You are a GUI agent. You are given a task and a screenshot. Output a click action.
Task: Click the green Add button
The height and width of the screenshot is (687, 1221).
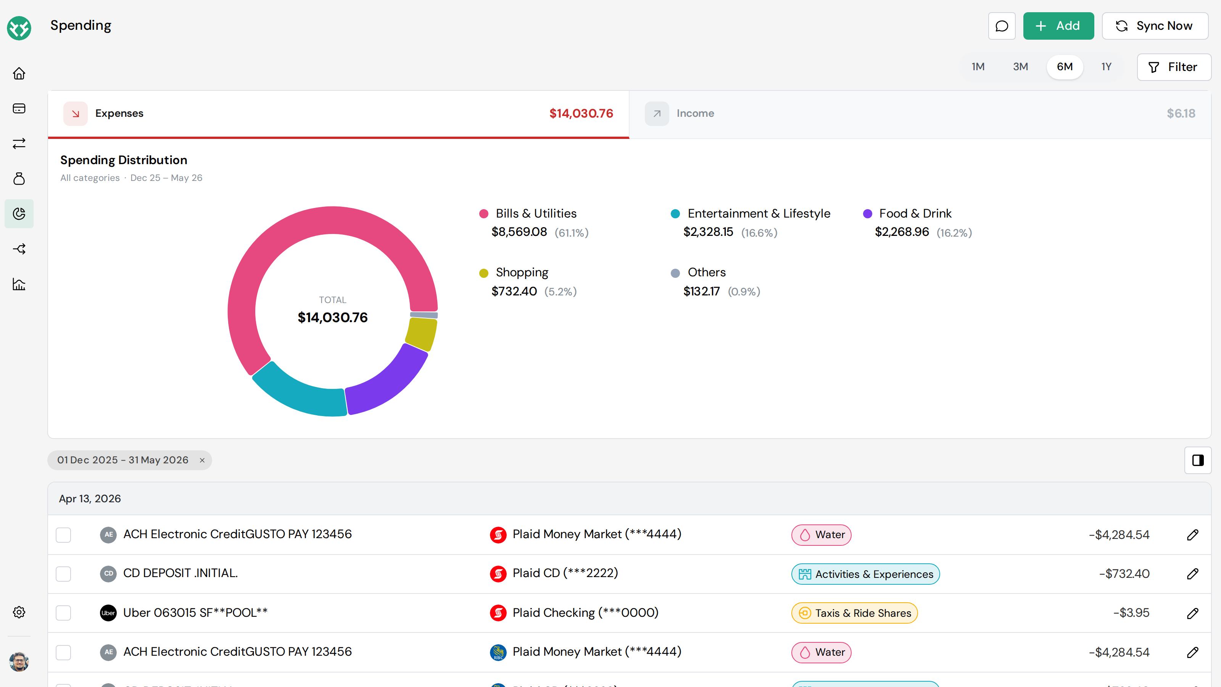pos(1058,26)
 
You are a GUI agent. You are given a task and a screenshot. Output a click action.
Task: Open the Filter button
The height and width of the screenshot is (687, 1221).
pos(1174,67)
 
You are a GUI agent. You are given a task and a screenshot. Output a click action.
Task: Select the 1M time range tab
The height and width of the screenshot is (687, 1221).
pos(978,67)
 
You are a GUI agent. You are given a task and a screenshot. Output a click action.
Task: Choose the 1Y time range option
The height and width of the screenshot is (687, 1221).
pos(1106,67)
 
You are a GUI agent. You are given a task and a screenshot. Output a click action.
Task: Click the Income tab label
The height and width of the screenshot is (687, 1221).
pos(695,113)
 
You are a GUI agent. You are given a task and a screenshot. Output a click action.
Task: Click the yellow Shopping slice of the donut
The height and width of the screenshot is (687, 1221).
pos(421,334)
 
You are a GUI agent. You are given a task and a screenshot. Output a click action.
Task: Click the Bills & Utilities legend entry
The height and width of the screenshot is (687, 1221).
pos(536,213)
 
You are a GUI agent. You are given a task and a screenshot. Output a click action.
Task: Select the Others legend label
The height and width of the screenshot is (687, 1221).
pos(706,272)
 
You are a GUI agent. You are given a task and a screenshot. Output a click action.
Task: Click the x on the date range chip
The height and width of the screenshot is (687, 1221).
pos(202,460)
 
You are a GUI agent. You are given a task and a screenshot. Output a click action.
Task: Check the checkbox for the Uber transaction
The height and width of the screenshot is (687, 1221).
pos(63,613)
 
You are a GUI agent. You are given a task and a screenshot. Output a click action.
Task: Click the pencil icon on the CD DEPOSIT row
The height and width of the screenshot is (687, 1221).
pos(1192,574)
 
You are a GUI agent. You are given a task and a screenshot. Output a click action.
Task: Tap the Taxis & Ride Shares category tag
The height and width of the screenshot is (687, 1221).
pos(854,613)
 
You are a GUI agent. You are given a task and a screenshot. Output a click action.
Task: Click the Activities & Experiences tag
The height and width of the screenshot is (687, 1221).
pos(865,574)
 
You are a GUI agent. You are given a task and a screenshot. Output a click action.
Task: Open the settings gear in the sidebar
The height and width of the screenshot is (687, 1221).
pos(19,612)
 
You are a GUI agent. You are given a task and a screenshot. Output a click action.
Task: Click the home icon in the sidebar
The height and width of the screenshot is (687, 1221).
pos(19,74)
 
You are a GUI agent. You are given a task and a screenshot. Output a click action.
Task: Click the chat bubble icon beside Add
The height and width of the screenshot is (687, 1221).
pos(1002,26)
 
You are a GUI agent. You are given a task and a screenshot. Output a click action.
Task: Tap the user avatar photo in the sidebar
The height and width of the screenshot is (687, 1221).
pos(19,662)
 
